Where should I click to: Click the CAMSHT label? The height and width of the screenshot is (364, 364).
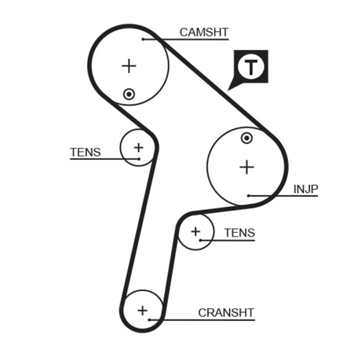pos(203,32)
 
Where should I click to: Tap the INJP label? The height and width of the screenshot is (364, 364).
pos(305,189)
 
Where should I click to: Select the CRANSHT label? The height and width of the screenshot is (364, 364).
pos(226,313)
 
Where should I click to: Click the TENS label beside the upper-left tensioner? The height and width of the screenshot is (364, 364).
pos(86,152)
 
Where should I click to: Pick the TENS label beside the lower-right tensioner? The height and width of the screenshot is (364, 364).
pos(239,233)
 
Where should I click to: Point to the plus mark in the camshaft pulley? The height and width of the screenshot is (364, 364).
pos(129,66)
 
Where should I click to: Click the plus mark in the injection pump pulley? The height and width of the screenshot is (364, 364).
pos(247,167)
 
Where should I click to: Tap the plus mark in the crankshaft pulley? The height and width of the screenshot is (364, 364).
pos(143,311)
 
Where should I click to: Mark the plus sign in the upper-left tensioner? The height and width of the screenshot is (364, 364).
pos(138,147)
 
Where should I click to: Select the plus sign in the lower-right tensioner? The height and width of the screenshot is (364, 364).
pos(195,232)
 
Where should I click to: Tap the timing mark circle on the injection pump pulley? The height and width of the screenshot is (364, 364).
pos(247,138)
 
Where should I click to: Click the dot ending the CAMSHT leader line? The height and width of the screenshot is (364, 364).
pos(143,39)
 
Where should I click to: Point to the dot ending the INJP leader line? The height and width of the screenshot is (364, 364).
pos(249,196)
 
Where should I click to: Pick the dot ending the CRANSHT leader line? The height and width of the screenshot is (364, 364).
pos(150,319)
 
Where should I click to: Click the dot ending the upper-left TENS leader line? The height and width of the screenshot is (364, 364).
pos(138,159)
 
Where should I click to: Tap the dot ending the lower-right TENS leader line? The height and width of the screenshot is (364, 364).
pos(200,240)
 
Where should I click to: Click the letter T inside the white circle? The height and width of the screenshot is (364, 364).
pos(250,67)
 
